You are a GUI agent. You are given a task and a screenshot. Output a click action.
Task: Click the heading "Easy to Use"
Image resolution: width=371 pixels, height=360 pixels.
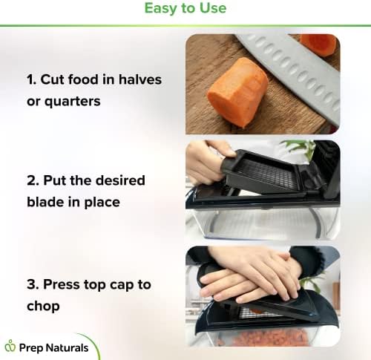point(185,8)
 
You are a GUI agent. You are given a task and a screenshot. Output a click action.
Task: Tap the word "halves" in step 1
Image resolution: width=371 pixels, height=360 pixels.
point(140,79)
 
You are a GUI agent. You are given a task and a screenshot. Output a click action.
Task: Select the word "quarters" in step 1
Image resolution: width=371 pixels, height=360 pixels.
point(73,102)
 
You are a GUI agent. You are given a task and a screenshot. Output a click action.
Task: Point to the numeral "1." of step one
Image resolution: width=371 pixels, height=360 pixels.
point(32,80)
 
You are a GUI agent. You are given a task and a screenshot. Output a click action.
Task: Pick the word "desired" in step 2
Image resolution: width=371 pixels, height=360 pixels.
point(120,180)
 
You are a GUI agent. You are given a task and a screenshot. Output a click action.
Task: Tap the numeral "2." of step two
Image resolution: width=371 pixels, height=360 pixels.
point(33,180)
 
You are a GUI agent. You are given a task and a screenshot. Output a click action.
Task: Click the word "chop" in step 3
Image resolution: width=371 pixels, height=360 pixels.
point(43,307)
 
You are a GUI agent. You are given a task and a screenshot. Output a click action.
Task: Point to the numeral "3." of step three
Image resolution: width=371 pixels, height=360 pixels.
point(33,284)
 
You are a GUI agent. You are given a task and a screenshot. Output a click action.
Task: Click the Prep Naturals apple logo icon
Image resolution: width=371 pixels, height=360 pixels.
point(10,345)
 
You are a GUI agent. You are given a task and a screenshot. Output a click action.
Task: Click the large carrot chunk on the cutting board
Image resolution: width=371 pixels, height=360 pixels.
point(237,93)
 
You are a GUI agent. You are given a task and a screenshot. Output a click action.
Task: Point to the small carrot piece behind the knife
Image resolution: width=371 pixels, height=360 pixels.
point(318,45)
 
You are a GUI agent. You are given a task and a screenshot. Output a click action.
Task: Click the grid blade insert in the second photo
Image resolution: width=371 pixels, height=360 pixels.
point(267,173)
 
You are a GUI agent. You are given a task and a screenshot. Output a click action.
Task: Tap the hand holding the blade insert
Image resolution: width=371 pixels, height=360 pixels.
point(206,162)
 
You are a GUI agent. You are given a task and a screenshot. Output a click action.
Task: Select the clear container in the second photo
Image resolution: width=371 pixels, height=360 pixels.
point(263,223)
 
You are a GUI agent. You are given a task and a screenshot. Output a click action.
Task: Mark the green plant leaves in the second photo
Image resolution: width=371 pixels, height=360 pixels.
point(301,147)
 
